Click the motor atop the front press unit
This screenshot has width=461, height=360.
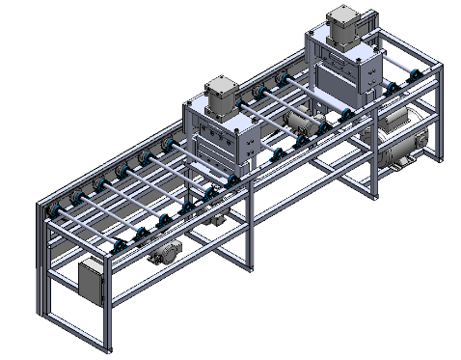pos(221,94)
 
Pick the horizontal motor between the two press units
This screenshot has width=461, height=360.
pos(303,123)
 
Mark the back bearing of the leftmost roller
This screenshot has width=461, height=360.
pos(50,209)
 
